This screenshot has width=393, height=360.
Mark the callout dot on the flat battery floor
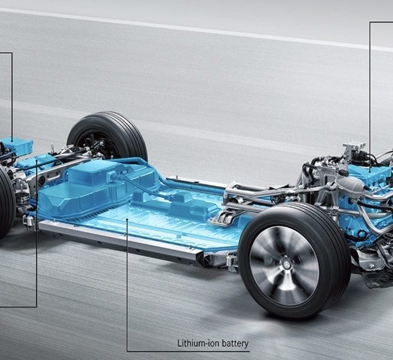pyautogui.click(x=127, y=219)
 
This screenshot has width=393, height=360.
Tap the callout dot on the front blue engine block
pyautogui.click(x=371, y=172)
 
